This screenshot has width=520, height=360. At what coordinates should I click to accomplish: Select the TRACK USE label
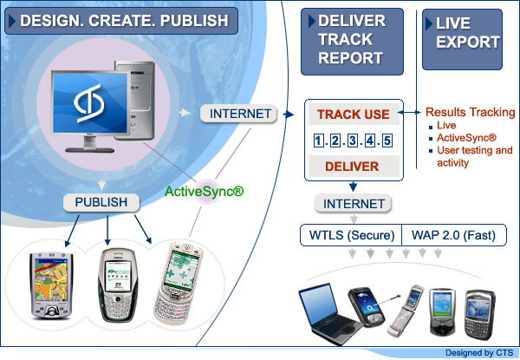click(352, 115)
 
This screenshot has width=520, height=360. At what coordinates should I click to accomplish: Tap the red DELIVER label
click(352, 166)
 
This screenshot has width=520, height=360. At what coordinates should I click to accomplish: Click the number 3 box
click(352, 141)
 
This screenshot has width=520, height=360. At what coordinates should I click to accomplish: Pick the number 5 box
click(387, 141)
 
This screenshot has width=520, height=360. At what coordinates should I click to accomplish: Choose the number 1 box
click(318, 141)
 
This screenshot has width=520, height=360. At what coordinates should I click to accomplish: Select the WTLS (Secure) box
click(350, 234)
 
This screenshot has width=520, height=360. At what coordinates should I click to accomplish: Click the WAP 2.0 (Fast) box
click(441, 234)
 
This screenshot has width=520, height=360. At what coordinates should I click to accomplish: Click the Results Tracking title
click(471, 113)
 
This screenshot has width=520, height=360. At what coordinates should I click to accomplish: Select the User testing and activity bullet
click(473, 157)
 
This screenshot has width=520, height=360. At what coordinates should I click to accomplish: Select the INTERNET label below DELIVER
click(352, 204)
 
